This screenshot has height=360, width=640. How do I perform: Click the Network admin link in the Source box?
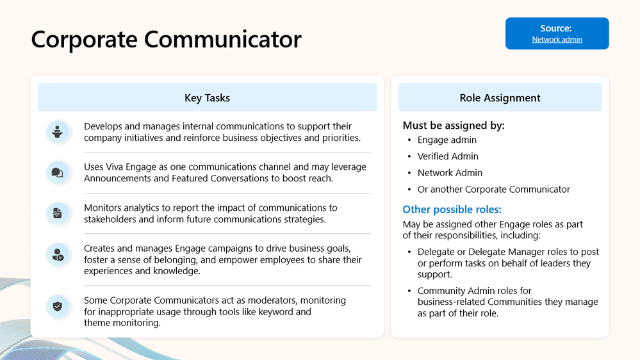pyautogui.click(x=557, y=40)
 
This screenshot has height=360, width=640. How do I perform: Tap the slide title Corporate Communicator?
pyautogui.click(x=166, y=39)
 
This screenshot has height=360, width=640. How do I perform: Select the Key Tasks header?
pyautogui.click(x=207, y=98)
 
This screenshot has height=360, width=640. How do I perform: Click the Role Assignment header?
pyautogui.click(x=500, y=98)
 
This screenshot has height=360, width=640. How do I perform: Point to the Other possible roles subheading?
pyautogui.click(x=452, y=209)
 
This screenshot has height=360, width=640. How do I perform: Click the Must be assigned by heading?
pyautogui.click(x=454, y=126)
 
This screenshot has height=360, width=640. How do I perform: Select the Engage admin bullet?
pyautogui.click(x=447, y=140)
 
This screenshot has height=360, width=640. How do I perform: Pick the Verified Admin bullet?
pyautogui.click(x=448, y=156)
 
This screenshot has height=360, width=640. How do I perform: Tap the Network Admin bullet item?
pyautogui.click(x=450, y=173)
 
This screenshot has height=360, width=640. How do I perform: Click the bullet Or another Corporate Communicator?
pyautogui.click(x=493, y=190)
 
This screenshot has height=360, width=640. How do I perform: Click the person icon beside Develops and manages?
pyautogui.click(x=58, y=132)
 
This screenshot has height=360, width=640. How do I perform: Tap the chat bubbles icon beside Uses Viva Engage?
pyautogui.click(x=58, y=172)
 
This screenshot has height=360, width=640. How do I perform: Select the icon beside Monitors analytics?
pyautogui.click(x=58, y=213)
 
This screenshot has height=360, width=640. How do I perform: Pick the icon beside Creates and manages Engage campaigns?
pyautogui.click(x=58, y=254)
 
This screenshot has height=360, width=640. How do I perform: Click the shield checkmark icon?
pyautogui.click(x=58, y=306)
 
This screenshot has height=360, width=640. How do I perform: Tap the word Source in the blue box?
pyautogui.click(x=556, y=28)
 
